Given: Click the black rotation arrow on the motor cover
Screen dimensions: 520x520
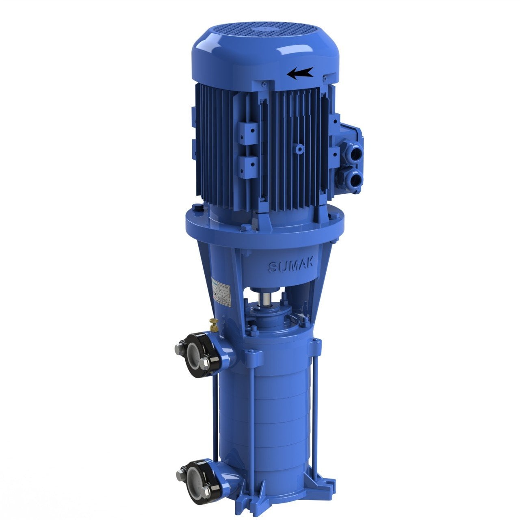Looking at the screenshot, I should [x=300, y=73].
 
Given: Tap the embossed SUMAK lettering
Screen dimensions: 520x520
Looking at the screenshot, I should [x=290, y=266].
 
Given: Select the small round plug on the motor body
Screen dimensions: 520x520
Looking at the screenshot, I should [x=300, y=149].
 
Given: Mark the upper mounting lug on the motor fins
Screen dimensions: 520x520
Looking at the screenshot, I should [x=248, y=132].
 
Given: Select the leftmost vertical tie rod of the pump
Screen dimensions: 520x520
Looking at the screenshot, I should [x=214, y=418].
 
